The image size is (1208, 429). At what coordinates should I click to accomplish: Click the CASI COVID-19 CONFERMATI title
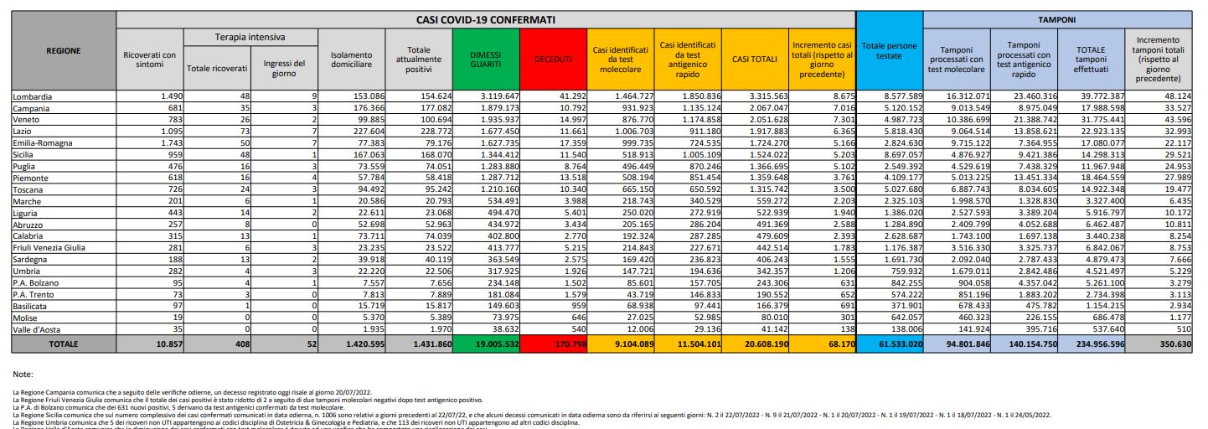486,18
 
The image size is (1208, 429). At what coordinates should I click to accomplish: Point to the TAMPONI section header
1057,18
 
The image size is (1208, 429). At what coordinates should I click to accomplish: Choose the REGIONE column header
64,50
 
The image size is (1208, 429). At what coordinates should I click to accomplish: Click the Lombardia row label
33,97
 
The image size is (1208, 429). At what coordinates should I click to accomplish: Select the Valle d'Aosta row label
39,331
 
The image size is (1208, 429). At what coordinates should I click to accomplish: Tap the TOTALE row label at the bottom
64,344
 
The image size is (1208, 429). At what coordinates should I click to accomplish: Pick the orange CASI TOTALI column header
753,58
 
